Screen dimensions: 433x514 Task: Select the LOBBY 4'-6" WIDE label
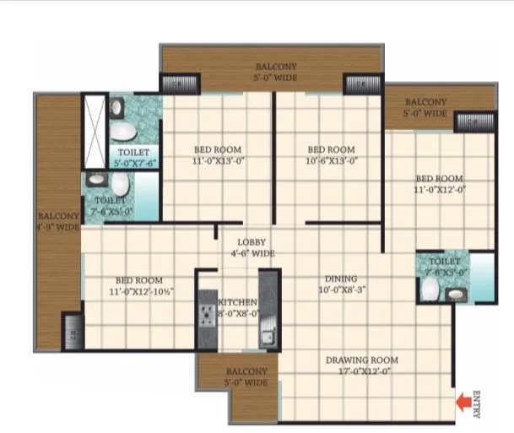[251, 247]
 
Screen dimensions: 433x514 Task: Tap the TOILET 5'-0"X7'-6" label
[134, 157]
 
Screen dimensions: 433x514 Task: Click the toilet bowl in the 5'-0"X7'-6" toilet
[123, 133]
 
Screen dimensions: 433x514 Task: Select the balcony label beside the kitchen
[246, 376]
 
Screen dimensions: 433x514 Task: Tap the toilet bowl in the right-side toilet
[429, 290]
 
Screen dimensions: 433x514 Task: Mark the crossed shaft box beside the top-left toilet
[94, 132]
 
